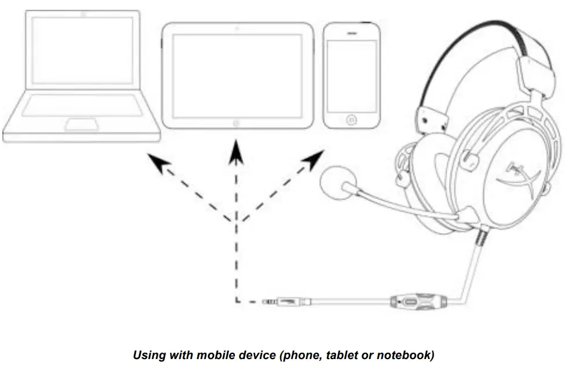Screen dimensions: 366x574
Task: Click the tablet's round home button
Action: pos(236,123)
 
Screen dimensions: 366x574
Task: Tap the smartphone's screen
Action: pos(351,74)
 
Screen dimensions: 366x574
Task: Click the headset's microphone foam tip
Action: pos(334,183)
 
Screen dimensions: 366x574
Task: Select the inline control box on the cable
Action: pos(410,301)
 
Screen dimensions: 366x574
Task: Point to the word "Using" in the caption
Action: pos(149,354)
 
